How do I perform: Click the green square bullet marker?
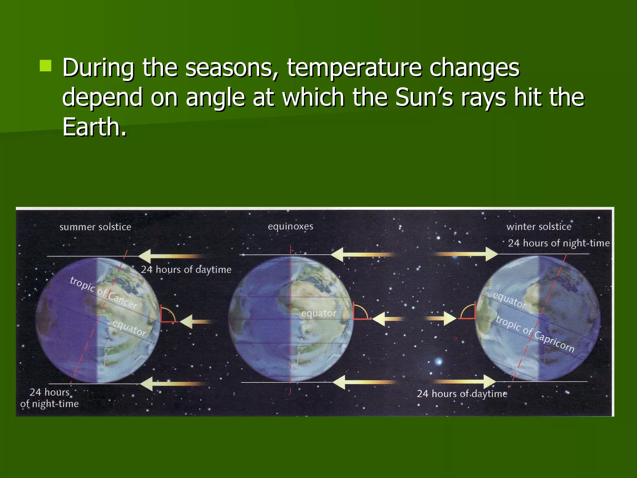[45, 66]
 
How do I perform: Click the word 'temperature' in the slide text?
[354, 68]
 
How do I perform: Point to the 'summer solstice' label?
[95, 227]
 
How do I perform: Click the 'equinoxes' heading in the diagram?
[291, 226]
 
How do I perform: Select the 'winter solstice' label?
[539, 227]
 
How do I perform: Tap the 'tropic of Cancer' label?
[103, 293]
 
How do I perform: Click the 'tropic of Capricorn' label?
[535, 334]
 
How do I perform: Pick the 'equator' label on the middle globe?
[319, 313]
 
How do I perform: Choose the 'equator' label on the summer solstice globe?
[129, 328]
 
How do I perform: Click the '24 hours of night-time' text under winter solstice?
[559, 243]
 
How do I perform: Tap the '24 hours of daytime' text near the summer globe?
[186, 269]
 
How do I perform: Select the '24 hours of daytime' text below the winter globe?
[462, 394]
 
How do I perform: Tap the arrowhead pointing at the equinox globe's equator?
[379, 319]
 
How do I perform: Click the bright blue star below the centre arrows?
[439, 361]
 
